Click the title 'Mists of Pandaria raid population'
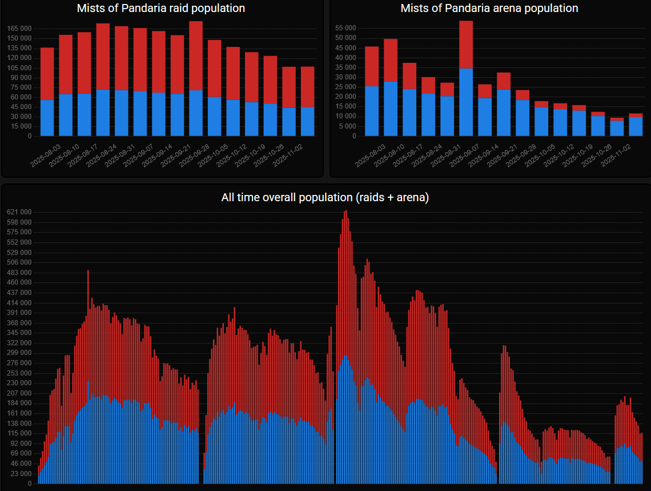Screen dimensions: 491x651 (x=161, y=9)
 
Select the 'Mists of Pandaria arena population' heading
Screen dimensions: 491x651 (x=489, y=9)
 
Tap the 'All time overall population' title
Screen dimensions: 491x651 (x=325, y=198)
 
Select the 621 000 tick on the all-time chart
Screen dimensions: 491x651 (x=19, y=212)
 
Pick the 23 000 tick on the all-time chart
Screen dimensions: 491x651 (x=21, y=474)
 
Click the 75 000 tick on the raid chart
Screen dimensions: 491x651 (x=22, y=87)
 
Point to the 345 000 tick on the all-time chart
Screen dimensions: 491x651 (x=19, y=333)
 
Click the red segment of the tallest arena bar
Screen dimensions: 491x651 (x=466, y=45)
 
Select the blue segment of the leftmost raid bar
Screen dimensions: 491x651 (x=47, y=118)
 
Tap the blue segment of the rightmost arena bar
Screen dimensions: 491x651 (x=636, y=126)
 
